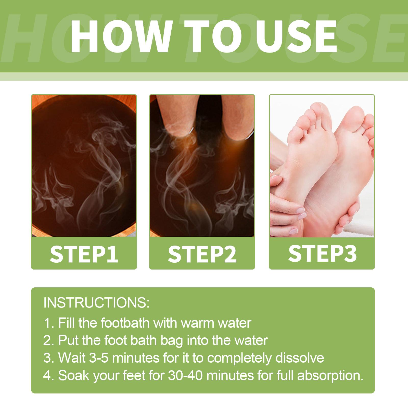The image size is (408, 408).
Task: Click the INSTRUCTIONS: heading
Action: [97, 303]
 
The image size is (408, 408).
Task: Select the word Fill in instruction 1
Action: [67, 323]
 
